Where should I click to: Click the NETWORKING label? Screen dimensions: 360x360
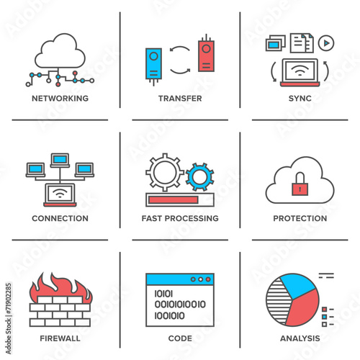click(x=60, y=98)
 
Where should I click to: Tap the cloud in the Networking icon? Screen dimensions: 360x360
click(x=60, y=51)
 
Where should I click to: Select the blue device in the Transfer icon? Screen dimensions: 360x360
click(x=153, y=63)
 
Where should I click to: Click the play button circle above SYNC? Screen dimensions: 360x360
click(x=326, y=43)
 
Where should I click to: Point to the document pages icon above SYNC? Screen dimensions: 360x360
click(x=302, y=43)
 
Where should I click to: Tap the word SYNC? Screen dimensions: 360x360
click(x=300, y=98)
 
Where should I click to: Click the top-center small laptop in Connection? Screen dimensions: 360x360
click(x=60, y=160)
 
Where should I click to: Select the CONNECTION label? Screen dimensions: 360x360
click(x=60, y=218)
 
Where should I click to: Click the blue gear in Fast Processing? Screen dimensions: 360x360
click(x=200, y=177)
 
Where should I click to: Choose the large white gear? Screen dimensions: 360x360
click(x=165, y=172)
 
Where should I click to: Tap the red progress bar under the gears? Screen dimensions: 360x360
click(x=174, y=199)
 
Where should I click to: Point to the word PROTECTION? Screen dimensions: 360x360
click(x=300, y=218)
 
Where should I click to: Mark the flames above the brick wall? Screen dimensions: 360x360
click(x=60, y=286)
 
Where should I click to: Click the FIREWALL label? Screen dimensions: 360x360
click(x=60, y=338)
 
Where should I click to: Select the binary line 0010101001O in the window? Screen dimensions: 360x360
click(x=180, y=305)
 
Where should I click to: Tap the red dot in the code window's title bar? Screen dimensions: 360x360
click(x=208, y=279)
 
